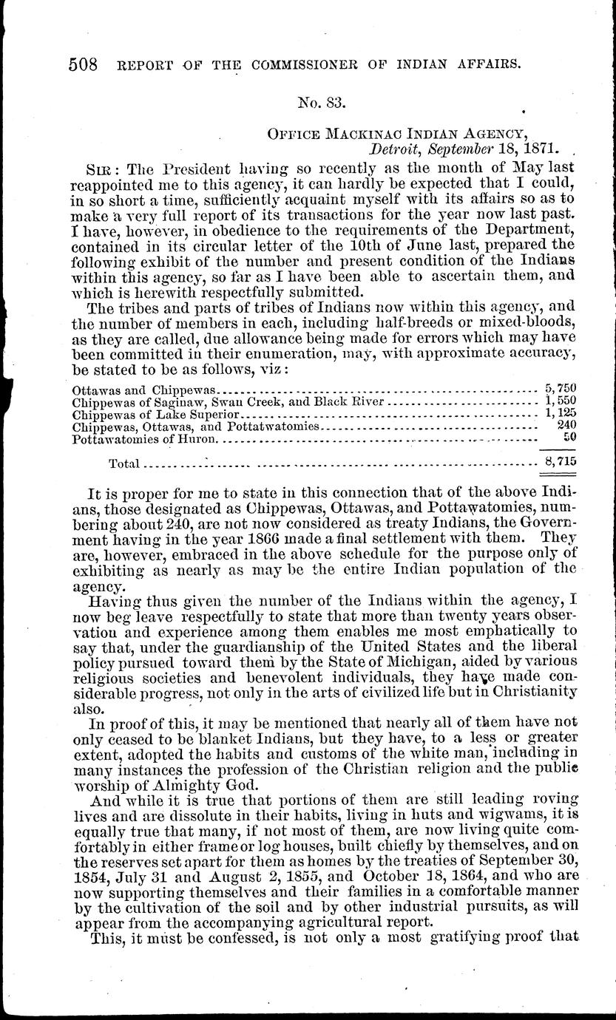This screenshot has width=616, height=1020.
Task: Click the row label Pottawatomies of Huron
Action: click(146, 439)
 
